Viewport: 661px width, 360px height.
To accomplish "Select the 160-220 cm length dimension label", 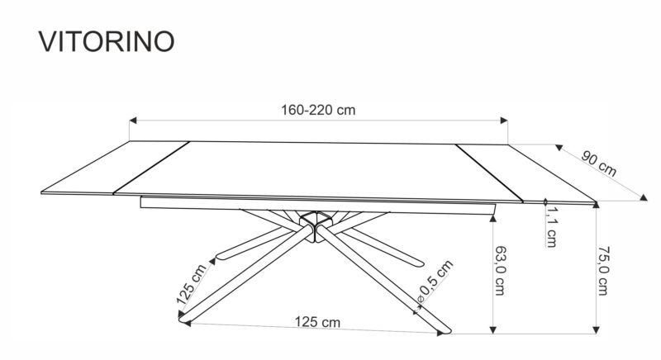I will tap(318, 110).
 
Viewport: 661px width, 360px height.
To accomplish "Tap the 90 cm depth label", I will tap(598, 163).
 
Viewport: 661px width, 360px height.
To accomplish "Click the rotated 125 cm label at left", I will tap(190, 284).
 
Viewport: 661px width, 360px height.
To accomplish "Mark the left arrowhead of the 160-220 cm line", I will tap(132, 121).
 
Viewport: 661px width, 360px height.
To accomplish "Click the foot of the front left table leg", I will tap(183, 319).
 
